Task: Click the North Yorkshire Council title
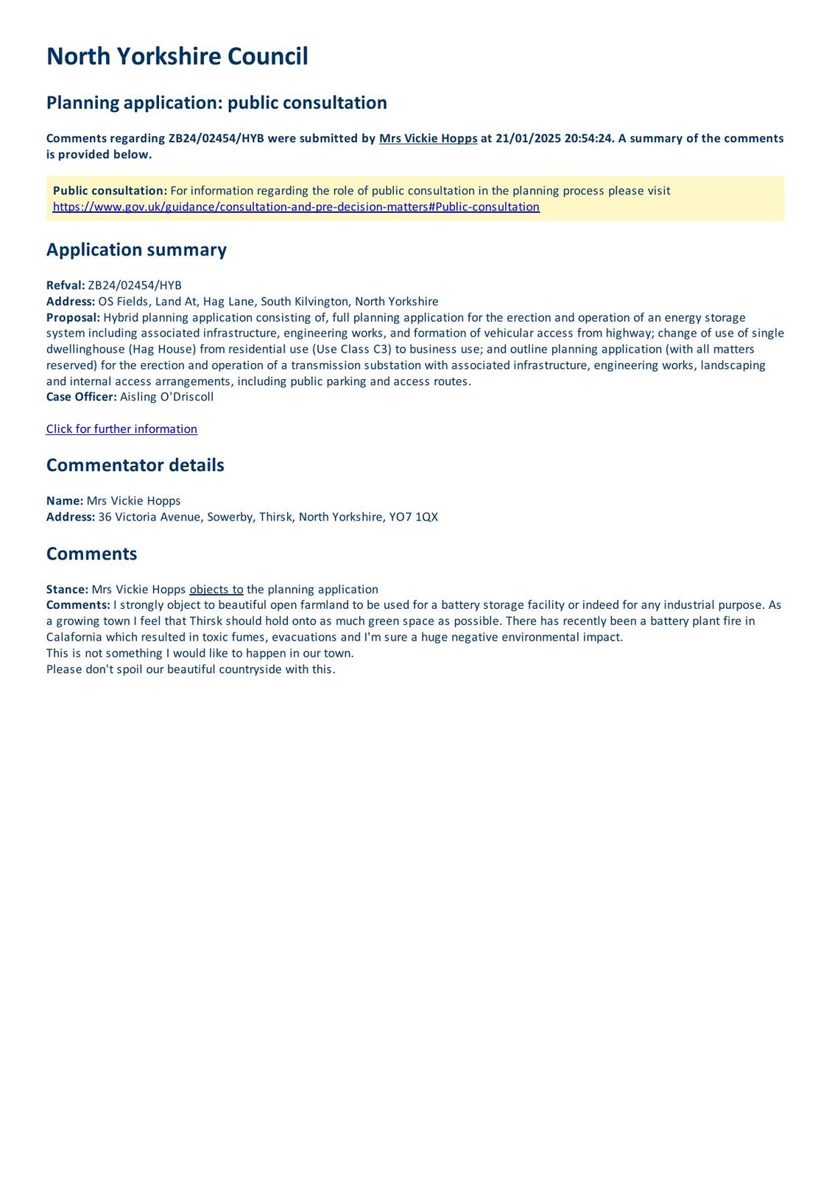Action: click(x=177, y=57)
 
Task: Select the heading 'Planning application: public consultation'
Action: click(x=216, y=102)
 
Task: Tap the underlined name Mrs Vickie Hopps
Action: click(x=428, y=138)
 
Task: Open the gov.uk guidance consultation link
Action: click(x=296, y=207)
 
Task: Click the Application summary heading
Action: click(x=136, y=250)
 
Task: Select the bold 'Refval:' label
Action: click(x=66, y=286)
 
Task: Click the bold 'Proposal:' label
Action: click(x=73, y=317)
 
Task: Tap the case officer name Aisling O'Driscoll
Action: click(x=166, y=397)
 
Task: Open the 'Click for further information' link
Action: click(x=121, y=429)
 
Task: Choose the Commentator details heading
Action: click(x=135, y=465)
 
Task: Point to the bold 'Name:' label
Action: click(x=65, y=501)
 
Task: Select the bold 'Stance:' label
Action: click(x=67, y=589)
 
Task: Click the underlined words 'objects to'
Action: click(x=216, y=589)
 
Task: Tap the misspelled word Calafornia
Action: click(x=74, y=637)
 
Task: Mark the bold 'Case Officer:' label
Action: click(x=81, y=397)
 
